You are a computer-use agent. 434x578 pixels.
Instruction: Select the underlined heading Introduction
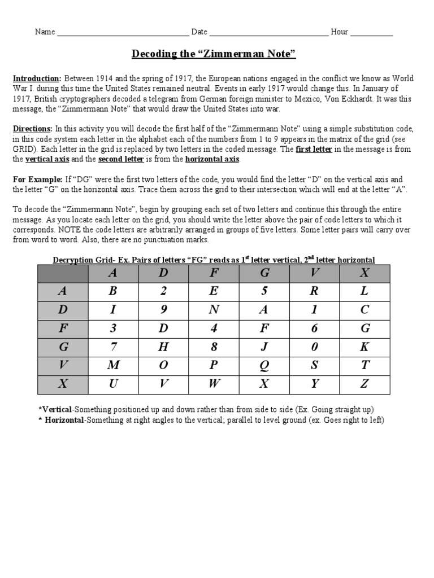click(x=37, y=78)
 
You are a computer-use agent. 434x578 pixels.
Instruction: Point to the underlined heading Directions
click(x=33, y=129)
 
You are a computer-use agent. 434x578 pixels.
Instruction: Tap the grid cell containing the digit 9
click(x=163, y=309)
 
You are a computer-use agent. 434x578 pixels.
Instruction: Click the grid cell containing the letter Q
click(x=263, y=365)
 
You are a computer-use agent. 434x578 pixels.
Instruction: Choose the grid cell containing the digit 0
click(x=314, y=347)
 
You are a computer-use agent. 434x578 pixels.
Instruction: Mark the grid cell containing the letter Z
click(x=364, y=384)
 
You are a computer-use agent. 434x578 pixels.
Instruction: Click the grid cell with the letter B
click(x=113, y=291)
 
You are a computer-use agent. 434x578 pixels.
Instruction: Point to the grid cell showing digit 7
click(x=113, y=347)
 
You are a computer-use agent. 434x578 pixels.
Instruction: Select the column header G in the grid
click(x=263, y=273)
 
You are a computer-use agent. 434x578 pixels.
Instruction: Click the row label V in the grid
click(x=63, y=365)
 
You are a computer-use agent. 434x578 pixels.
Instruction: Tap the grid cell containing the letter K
click(x=364, y=347)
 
